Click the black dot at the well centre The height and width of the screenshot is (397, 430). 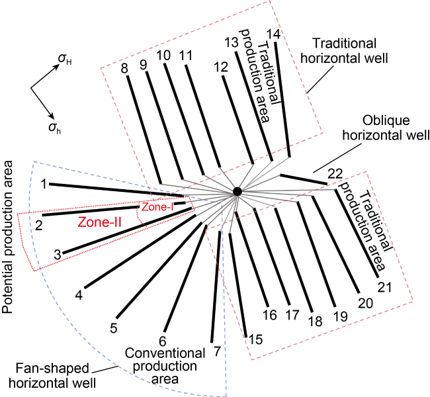[237, 191]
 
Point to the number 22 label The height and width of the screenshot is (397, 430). [335, 173]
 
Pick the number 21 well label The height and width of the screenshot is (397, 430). [385, 287]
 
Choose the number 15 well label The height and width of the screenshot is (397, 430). [255, 339]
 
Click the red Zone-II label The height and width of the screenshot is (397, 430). [100, 223]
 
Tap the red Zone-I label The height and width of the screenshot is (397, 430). [158, 208]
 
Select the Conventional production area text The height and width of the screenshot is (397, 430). [161, 366]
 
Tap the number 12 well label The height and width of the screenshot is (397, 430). [222, 66]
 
